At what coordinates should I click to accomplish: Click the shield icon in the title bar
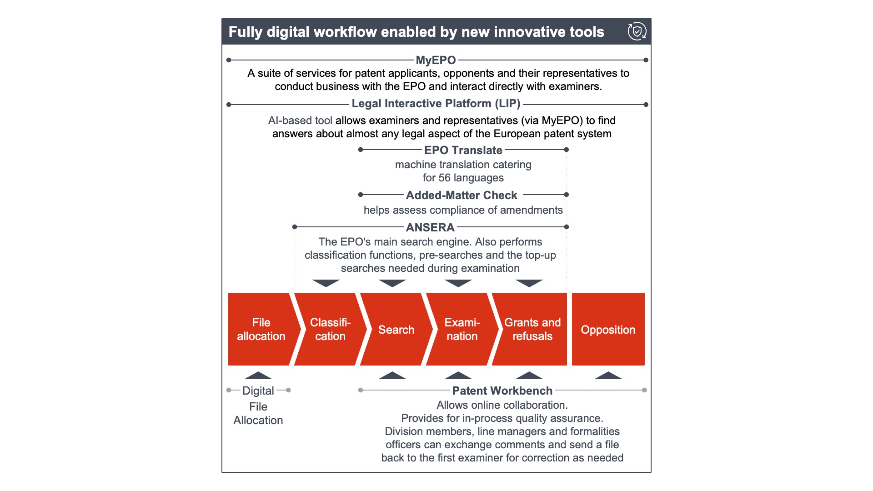(637, 31)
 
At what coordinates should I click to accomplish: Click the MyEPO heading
(436, 60)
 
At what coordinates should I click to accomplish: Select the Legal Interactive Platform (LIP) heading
(436, 104)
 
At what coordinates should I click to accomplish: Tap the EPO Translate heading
(463, 150)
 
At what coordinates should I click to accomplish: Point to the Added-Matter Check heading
(462, 195)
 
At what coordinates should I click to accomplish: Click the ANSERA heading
(430, 227)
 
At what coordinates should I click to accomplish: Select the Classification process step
(330, 329)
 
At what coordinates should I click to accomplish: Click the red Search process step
(396, 329)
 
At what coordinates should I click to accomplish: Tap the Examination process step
(462, 329)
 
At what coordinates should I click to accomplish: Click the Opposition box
(608, 329)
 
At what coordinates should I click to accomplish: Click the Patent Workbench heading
(502, 391)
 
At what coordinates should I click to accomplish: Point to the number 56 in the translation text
(445, 178)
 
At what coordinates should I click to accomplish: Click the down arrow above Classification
(326, 283)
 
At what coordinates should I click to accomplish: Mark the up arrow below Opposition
(608, 376)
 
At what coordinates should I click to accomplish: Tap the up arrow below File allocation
(258, 376)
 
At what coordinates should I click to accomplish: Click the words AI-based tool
(300, 120)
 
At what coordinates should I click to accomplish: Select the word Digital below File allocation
(258, 391)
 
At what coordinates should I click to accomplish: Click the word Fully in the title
(246, 32)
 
